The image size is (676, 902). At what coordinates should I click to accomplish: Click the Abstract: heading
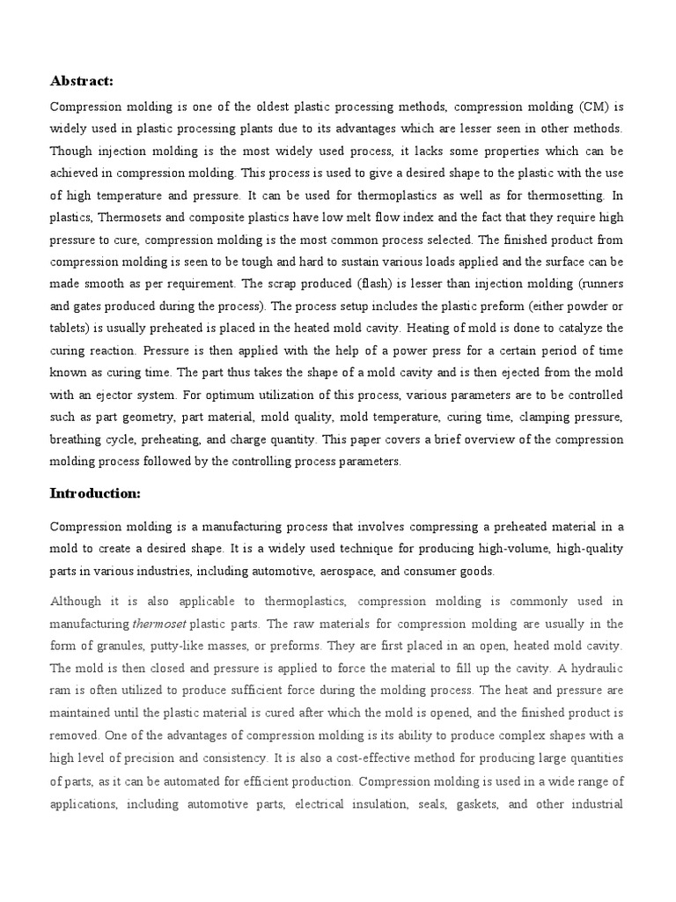[82, 81]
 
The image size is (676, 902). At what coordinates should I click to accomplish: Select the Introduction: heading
[95, 493]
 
